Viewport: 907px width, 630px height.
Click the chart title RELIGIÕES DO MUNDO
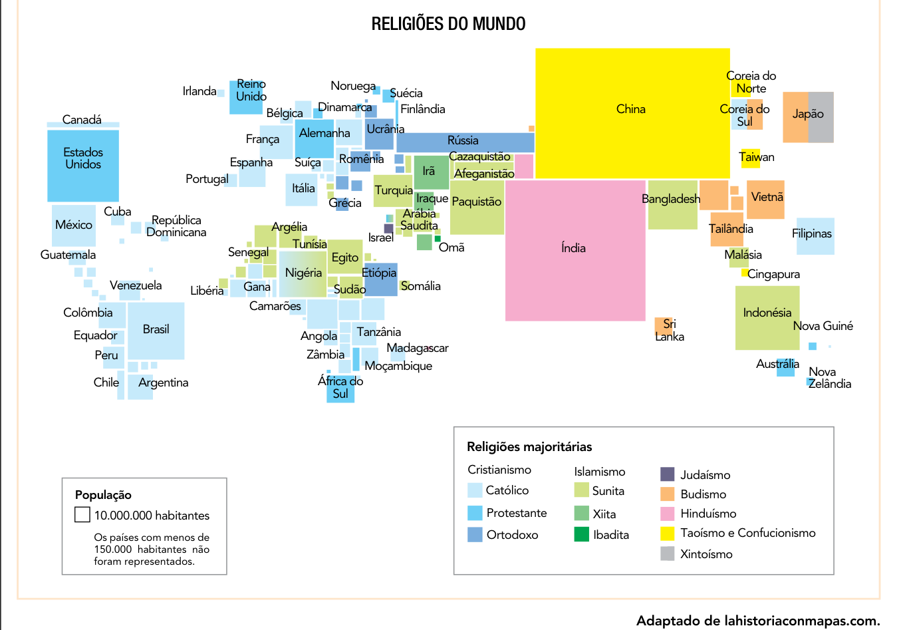click(448, 23)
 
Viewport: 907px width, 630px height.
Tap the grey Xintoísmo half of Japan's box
click(821, 117)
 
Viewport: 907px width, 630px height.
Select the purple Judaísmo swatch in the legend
click(668, 474)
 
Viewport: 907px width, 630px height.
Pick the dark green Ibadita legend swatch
click(581, 534)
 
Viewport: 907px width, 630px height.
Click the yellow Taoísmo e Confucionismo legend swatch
click(668, 533)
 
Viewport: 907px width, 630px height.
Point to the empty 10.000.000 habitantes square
click(82, 514)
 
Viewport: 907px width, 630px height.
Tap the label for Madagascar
click(418, 348)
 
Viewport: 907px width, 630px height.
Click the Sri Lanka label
click(670, 330)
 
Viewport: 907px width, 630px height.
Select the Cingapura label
click(773, 274)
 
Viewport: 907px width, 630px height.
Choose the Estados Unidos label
click(83, 158)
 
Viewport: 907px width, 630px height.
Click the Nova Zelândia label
click(829, 378)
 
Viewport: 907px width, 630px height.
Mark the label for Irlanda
click(199, 91)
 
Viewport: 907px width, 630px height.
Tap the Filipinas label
click(811, 234)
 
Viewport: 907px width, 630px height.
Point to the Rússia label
click(463, 140)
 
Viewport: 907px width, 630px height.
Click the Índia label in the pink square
click(573, 247)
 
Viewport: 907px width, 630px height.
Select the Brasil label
click(156, 329)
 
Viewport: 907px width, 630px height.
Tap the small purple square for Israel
click(388, 228)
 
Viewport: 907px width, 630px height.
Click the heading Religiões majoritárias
click(529, 446)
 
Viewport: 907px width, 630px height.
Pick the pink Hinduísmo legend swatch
click(668, 514)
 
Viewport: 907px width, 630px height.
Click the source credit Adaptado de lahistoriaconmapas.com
click(758, 621)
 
